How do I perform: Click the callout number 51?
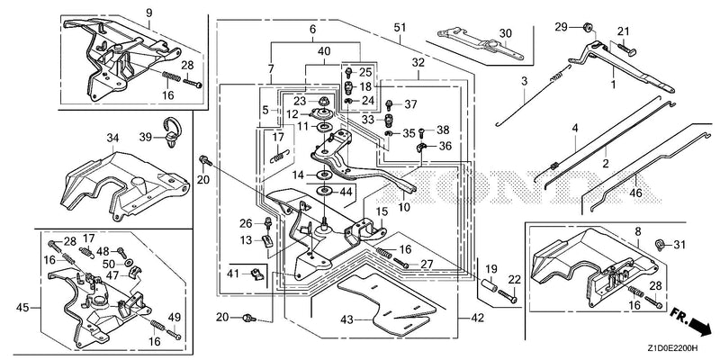pos(400,28)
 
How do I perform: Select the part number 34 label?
pos(113,138)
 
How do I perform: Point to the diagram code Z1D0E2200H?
pos(673,348)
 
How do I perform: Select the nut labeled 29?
pos(587,27)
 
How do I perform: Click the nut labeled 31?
pos(660,244)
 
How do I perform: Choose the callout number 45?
pos(22,307)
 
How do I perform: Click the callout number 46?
pos(636,193)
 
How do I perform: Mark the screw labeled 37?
pos(390,104)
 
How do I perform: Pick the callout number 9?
pos(148,13)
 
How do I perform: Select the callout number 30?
pos(505,32)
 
